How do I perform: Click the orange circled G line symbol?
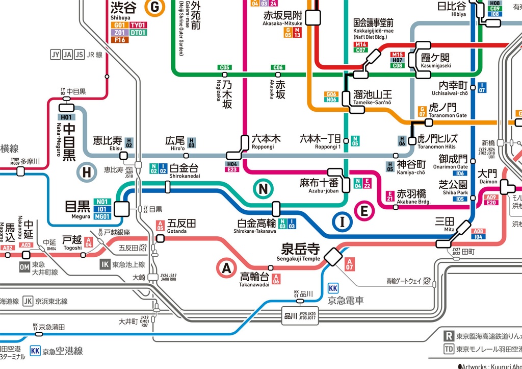[153, 7]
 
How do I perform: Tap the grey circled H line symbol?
[87, 173]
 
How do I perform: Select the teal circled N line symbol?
[263, 189]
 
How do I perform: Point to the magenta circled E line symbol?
[364, 211]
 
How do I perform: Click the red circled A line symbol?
[227, 267]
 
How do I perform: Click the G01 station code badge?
[119, 25]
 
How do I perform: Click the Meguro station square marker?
[122, 209]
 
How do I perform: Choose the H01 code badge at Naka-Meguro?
[67, 117]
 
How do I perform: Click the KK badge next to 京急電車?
[333, 288]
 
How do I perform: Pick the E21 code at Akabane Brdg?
[390, 196]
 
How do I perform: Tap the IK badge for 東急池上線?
[105, 264]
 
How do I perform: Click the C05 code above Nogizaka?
[225, 67]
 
